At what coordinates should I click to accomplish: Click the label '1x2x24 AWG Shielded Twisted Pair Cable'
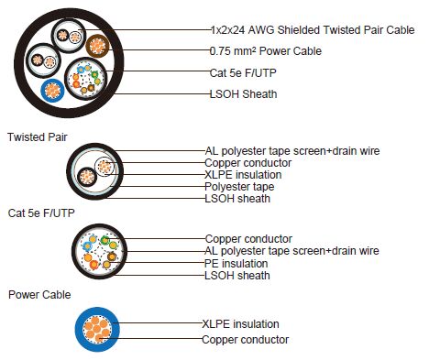[x=312, y=30]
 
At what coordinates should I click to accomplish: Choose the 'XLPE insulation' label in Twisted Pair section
[x=243, y=174]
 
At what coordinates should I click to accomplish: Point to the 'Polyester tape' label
[x=240, y=186]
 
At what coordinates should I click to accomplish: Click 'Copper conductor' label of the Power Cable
[x=246, y=339]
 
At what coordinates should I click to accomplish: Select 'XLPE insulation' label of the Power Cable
[x=240, y=323]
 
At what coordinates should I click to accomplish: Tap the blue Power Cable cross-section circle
[x=101, y=331]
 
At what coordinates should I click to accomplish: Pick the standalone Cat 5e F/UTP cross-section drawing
[x=98, y=250]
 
